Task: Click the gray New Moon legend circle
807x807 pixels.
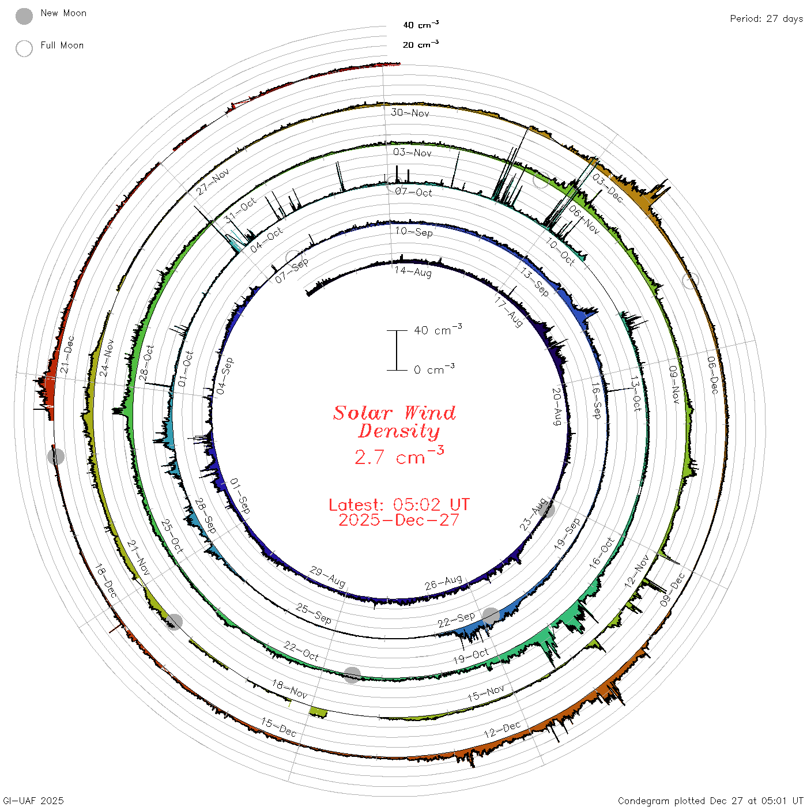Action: [x=24, y=16]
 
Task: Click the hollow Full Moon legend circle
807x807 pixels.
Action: [x=24, y=48]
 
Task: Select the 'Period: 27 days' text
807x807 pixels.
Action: [x=766, y=19]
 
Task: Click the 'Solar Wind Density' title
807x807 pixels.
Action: [x=394, y=422]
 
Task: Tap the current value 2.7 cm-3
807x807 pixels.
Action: [x=399, y=455]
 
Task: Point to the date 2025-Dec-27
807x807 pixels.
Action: [x=399, y=520]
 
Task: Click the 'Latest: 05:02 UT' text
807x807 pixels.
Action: [x=399, y=504]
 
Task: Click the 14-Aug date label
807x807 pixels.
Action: [x=413, y=271]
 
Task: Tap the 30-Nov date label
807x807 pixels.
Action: [x=410, y=112]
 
